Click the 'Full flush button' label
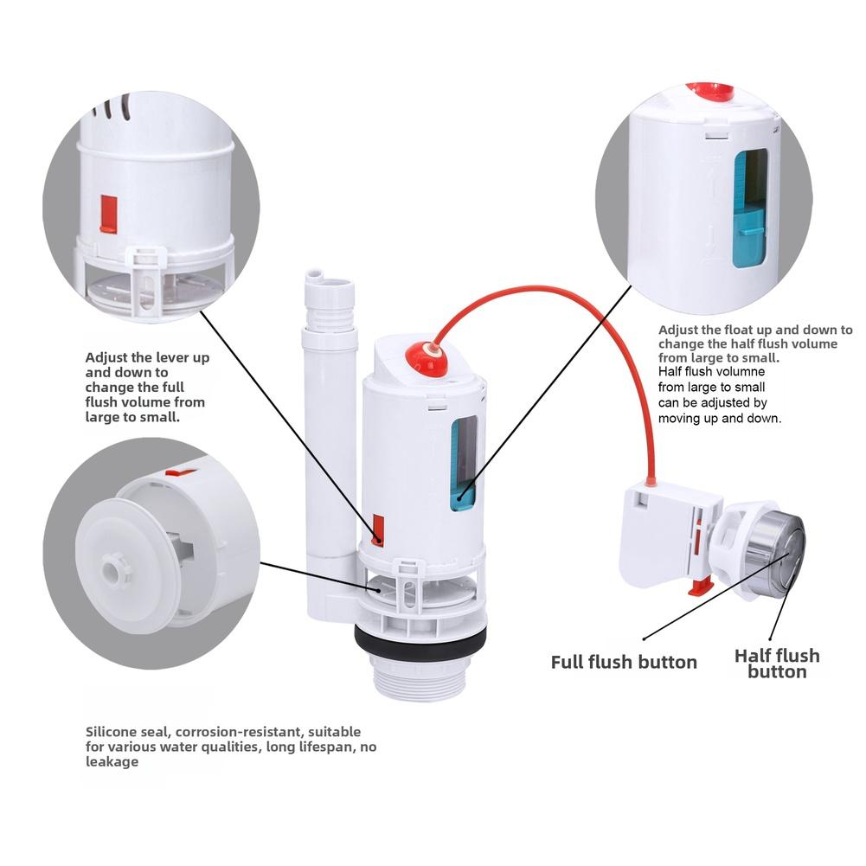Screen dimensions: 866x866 624,663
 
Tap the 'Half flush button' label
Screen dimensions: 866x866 776,664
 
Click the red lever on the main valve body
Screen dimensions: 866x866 378,529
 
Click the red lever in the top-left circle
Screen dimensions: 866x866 108,213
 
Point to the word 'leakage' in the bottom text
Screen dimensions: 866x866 112,762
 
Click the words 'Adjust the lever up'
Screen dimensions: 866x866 146,356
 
